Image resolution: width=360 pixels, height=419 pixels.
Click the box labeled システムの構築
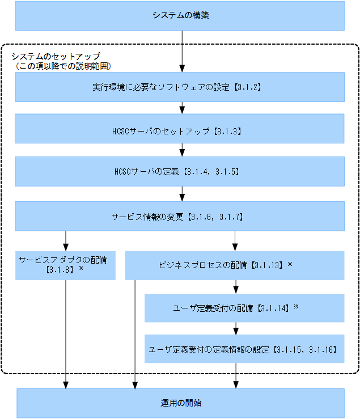click(x=180, y=15)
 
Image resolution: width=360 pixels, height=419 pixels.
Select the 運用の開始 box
click(x=180, y=403)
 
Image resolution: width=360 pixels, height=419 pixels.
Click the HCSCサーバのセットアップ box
click(x=180, y=130)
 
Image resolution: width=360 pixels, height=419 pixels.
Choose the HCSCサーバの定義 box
click(x=180, y=171)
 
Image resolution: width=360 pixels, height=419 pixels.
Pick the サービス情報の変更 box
click(x=180, y=216)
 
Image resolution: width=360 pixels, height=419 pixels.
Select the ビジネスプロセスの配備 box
click(x=234, y=265)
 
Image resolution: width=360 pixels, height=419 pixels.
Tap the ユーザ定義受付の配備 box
click(x=244, y=308)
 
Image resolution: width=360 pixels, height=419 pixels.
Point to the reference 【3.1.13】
click(x=268, y=265)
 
